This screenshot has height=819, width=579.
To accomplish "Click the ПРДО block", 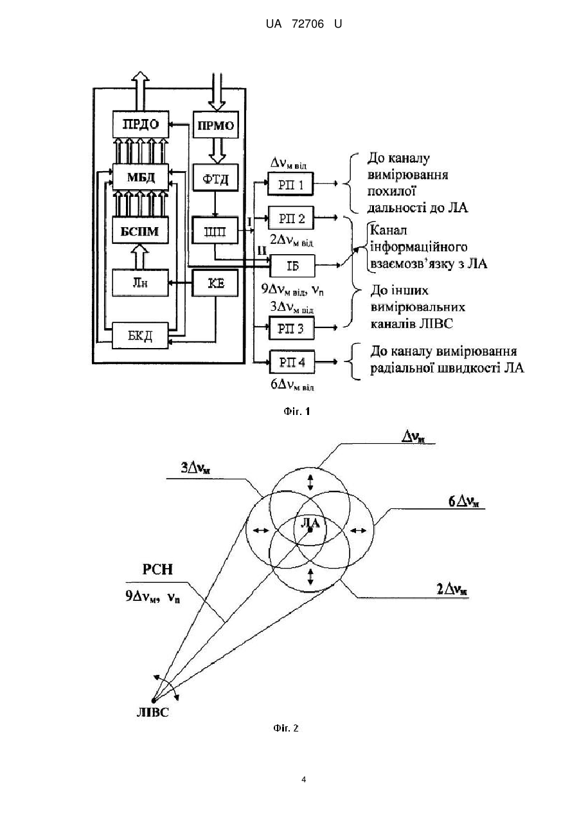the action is (x=141, y=124).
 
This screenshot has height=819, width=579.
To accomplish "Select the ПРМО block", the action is (x=215, y=125).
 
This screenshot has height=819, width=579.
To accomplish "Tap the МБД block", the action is (x=141, y=178).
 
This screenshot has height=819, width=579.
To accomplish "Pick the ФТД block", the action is (x=215, y=178).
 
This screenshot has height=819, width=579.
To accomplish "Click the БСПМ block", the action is (x=140, y=230).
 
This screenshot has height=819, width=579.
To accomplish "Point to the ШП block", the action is (x=215, y=231).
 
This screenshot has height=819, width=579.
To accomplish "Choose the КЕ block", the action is (x=215, y=283).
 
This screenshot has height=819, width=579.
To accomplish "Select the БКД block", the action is (x=140, y=336).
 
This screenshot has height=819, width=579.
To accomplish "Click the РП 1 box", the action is (x=290, y=184).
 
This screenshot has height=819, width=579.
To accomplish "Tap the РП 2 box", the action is (x=292, y=218).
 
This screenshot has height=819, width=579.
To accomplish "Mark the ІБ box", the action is (x=292, y=266).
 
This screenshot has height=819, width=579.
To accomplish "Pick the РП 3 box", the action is (x=291, y=328).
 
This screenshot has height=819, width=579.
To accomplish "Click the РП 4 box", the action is (x=292, y=362).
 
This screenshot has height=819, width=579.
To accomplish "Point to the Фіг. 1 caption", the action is (x=297, y=412).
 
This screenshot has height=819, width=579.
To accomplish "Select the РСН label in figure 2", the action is (x=157, y=569).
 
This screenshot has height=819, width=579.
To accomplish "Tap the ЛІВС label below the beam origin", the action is (x=153, y=712).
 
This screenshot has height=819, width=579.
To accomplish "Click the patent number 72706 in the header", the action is (x=308, y=24).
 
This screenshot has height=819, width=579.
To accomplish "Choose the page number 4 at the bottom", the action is (x=303, y=780).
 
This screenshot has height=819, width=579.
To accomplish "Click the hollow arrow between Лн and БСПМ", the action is (x=140, y=257).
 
